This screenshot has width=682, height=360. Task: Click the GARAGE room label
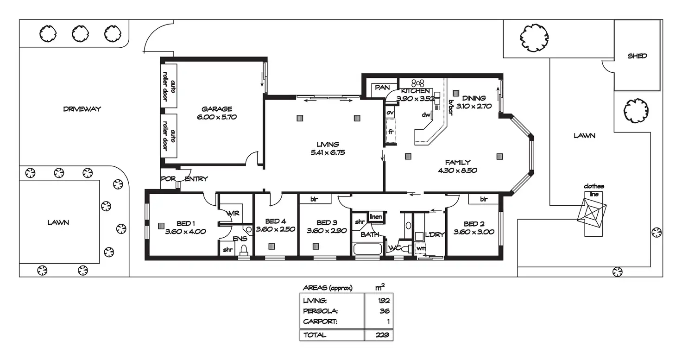(217, 109)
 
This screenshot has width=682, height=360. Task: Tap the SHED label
(637, 56)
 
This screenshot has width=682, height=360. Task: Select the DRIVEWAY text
(82, 109)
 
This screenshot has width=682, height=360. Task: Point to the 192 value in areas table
(384, 300)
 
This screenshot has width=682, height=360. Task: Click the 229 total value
(383, 335)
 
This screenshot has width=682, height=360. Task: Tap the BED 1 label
(185, 223)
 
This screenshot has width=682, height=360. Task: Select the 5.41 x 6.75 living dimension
(328, 152)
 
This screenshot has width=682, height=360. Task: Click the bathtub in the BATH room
(367, 249)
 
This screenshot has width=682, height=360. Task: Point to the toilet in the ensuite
(244, 250)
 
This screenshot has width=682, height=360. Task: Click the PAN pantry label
(382, 88)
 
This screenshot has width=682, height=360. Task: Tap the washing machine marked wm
(421, 249)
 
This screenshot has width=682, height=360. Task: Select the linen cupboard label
(375, 217)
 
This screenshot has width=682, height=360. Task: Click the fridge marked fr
(391, 132)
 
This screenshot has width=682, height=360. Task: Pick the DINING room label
(474, 98)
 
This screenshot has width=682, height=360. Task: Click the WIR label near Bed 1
(233, 213)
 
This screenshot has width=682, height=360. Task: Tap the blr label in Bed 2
(484, 199)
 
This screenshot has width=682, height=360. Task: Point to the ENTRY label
(196, 179)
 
